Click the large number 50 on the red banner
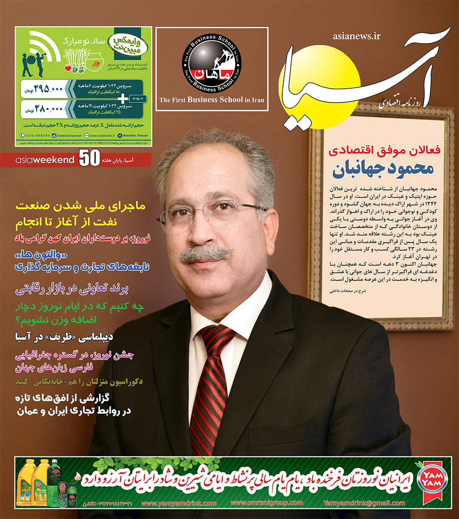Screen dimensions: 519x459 [89, 159]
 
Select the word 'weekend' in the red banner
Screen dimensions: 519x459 [56, 160]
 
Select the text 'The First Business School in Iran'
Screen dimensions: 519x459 [212, 99]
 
